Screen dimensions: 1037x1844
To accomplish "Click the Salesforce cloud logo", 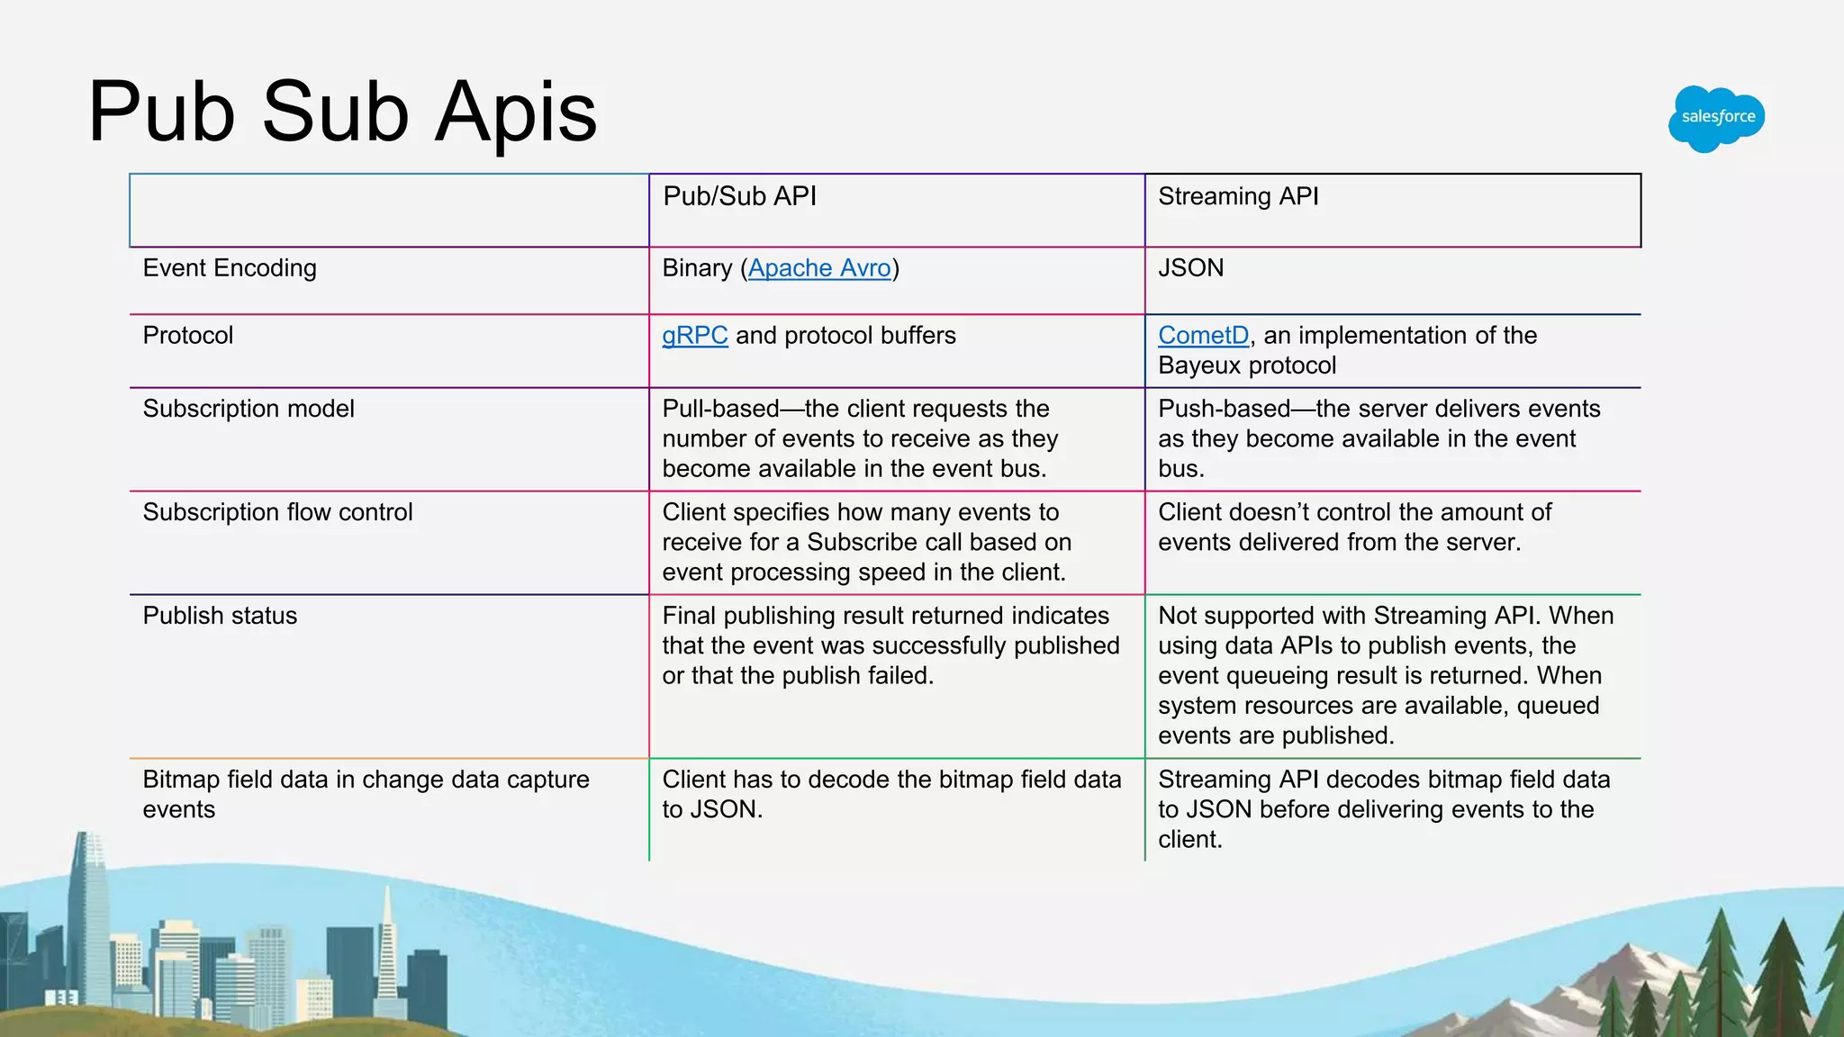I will tap(1716, 118).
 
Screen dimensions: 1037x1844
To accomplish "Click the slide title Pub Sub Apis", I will tap(342, 112).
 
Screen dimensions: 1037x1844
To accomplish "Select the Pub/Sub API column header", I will tap(739, 196).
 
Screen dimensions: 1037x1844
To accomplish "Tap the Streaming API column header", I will tap(1238, 196).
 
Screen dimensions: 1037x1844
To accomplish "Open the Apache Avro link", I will tap(819, 268).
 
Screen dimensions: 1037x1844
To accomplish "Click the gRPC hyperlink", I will tap(694, 336).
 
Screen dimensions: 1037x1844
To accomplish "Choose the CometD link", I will tap(1203, 336).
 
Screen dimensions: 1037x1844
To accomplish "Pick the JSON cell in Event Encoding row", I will tap(1190, 268).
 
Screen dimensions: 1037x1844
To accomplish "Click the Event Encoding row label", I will tap(230, 268).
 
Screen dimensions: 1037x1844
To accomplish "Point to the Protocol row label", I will tap(187, 336).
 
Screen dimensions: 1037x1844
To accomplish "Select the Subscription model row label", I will tap(249, 409).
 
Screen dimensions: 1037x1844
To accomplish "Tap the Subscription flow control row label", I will tap(277, 512).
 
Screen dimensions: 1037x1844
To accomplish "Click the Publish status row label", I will tap(220, 616).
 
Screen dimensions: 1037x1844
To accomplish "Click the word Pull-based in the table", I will tap(720, 409).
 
